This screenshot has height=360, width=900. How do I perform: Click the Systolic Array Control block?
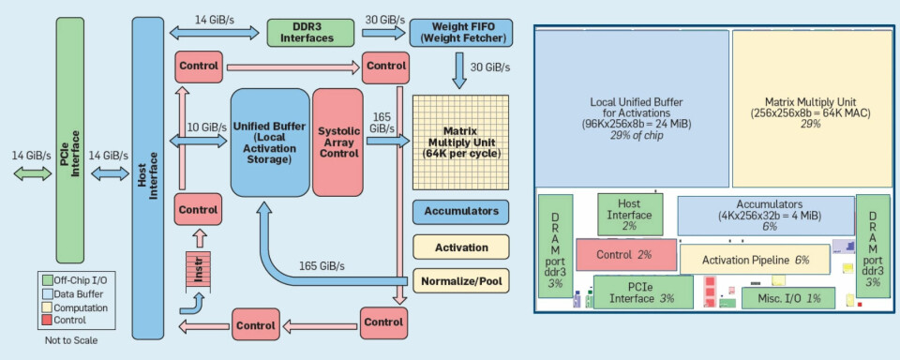click(337, 142)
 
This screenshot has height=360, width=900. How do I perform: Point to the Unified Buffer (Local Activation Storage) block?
click(270, 142)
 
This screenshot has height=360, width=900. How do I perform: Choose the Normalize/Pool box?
click(460, 279)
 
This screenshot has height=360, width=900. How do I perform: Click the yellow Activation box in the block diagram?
click(460, 247)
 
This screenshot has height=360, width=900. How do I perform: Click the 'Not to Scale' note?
click(70, 340)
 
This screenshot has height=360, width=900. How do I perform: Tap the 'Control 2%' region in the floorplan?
click(625, 255)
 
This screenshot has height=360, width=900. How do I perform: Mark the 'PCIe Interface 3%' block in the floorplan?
click(642, 292)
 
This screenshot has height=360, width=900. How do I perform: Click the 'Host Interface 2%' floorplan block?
click(629, 213)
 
